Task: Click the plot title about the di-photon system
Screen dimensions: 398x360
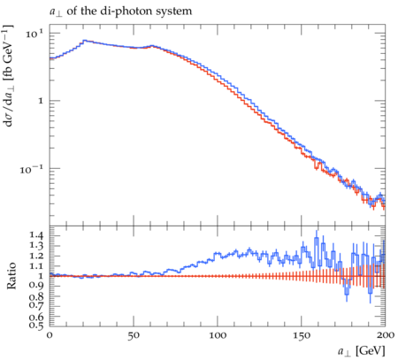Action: [x=120, y=11]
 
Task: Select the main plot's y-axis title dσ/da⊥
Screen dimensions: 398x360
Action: [x=8, y=76]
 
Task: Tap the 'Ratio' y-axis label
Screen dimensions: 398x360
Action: [x=11, y=276]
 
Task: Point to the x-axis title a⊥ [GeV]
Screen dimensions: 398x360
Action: [x=362, y=351]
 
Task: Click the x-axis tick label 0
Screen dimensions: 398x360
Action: [x=50, y=335]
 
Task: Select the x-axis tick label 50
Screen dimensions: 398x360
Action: [x=134, y=335]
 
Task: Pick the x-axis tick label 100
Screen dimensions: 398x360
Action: [x=218, y=335]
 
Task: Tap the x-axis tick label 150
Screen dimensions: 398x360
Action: [x=302, y=335]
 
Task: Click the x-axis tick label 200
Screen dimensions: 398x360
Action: [x=385, y=335]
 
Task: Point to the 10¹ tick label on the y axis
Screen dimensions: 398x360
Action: [x=34, y=34]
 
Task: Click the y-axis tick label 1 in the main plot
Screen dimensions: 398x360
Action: [x=41, y=101]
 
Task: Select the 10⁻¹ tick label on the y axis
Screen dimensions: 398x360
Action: [x=32, y=169]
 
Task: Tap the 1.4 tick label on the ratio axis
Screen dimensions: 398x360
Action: [x=36, y=235]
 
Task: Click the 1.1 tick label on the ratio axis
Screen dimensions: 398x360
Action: [x=36, y=266]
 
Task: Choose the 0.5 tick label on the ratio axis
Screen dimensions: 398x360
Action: [x=36, y=325]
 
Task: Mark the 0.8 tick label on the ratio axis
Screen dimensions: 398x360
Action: [x=36, y=296]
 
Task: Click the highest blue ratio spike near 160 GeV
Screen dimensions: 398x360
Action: [x=317, y=240]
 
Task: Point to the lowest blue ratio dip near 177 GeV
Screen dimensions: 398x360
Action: [x=347, y=294]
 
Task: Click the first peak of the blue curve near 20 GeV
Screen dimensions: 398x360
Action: [x=85, y=41]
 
